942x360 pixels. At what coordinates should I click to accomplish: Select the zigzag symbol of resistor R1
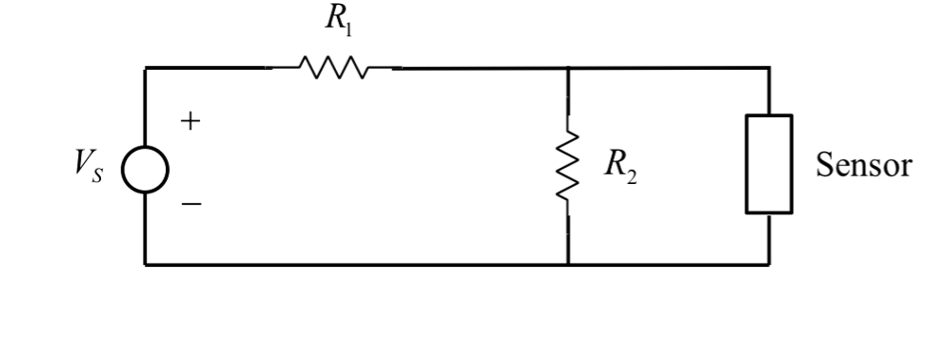[x=333, y=67]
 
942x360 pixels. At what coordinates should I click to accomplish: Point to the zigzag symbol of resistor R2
[x=568, y=165]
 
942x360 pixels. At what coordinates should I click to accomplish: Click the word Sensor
[x=864, y=165]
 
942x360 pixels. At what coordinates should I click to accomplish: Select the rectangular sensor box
[x=769, y=164]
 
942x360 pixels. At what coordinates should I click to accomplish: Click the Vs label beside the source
[x=89, y=166]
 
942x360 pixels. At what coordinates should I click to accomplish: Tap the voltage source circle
[x=145, y=170]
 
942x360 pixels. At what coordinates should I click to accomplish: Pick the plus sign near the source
[x=190, y=121]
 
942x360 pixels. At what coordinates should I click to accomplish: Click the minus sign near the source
[x=191, y=204]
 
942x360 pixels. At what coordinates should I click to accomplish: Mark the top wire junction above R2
[x=568, y=68]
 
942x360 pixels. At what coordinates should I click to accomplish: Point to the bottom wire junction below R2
[x=568, y=264]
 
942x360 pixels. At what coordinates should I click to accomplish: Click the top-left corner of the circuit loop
[x=145, y=68]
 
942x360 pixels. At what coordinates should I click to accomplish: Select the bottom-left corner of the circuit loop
[x=145, y=264]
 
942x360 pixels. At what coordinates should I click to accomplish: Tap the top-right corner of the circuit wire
[x=770, y=68]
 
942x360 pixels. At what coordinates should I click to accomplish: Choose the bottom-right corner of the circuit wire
[x=770, y=264]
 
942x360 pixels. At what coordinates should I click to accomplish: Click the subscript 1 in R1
[x=348, y=30]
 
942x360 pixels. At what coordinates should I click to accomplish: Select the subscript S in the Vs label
[x=97, y=175]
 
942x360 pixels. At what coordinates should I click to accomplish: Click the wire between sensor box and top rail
[x=770, y=91]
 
